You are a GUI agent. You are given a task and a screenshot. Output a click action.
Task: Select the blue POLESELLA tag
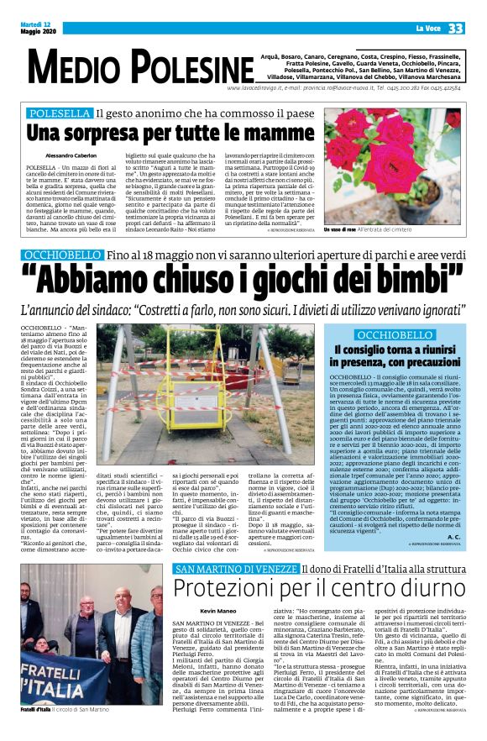point(59,113)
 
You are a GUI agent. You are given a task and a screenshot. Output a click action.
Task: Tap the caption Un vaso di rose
point(343,229)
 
